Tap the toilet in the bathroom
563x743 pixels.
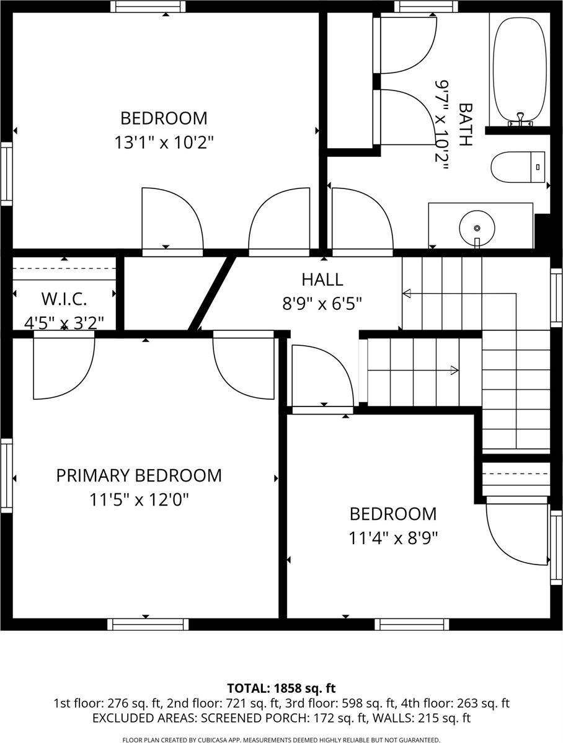pos(520,167)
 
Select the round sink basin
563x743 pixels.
pos(477,227)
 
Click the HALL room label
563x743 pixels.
pos(322,279)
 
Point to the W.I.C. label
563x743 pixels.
pos(64,299)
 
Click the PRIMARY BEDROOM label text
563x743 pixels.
pos(139,475)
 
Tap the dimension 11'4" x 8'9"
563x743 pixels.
pos(393,539)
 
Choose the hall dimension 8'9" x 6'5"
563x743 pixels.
pos(322,303)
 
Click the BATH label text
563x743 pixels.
pos(466,125)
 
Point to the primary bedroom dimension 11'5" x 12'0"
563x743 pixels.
pos(139,499)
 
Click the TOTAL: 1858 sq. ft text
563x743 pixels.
pos(281,688)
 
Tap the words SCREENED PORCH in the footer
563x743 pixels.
pos(253,718)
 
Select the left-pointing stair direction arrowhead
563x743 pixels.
pos(407,294)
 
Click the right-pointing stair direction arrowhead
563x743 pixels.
pos(454,370)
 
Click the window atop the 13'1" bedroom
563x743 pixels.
pos(148,7)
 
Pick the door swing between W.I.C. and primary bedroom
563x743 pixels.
pos(64,366)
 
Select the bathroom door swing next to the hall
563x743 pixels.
pos(363,219)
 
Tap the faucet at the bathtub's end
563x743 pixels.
pos(520,119)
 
